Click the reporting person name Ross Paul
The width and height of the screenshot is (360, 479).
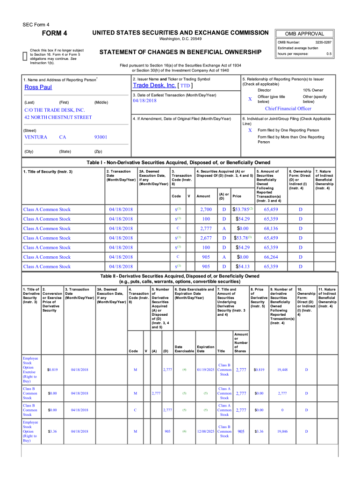(x=38, y=87)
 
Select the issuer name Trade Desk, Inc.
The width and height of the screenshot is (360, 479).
(x=154, y=86)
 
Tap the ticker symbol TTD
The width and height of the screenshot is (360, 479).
(x=185, y=86)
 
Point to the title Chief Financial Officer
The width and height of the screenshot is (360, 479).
(x=288, y=109)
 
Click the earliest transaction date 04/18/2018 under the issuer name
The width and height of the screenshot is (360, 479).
(x=145, y=101)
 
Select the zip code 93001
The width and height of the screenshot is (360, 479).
(x=101, y=137)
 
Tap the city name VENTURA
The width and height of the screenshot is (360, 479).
(x=36, y=137)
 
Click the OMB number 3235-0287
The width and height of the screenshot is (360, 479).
(x=323, y=43)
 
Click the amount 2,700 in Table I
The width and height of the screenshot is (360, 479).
(x=206, y=210)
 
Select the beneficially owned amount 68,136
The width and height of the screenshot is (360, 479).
(x=271, y=229)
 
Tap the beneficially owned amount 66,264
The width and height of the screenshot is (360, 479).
(x=271, y=257)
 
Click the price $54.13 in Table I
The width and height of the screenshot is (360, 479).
(x=243, y=267)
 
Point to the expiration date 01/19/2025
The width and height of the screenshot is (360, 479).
(x=205, y=370)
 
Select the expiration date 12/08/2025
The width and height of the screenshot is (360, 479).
(x=205, y=432)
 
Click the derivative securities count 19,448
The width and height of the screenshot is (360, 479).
(x=282, y=370)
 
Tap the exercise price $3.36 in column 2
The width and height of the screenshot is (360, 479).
(x=52, y=432)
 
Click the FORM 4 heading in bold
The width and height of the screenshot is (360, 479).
(x=55, y=33)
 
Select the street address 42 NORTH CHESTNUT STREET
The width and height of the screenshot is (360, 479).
(x=58, y=117)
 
